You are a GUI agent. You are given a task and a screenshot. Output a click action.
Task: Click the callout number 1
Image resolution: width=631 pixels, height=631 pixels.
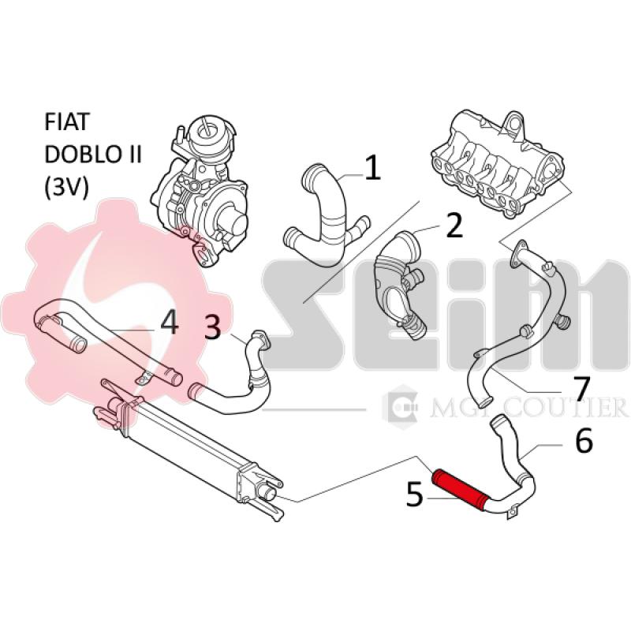(x=372, y=166)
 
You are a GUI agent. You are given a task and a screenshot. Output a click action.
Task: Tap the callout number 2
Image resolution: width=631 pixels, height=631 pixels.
(x=454, y=226)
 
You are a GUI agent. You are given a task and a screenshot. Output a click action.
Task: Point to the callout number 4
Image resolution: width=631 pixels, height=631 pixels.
(x=170, y=321)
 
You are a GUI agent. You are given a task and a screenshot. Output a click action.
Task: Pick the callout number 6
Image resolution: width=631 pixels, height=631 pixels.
(x=584, y=441)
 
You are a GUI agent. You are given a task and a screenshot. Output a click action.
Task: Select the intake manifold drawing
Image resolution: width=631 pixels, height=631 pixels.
(x=501, y=162)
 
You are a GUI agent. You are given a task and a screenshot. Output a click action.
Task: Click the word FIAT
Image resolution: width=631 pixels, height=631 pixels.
(x=67, y=122)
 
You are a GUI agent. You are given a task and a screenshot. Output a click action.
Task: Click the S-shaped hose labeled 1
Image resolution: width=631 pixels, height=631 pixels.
(x=323, y=213)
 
